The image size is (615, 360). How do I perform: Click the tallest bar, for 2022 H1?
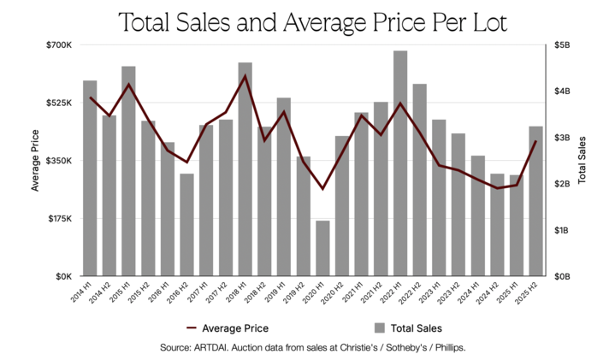click(400, 163)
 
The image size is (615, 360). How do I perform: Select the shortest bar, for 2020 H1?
click(322, 248)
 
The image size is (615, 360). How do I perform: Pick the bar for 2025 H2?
click(536, 201)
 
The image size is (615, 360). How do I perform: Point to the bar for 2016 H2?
click(186, 225)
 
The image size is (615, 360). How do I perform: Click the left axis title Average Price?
click(35, 160)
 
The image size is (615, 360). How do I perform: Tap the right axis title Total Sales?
click(582, 160)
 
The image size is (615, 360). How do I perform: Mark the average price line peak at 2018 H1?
click(245, 76)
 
